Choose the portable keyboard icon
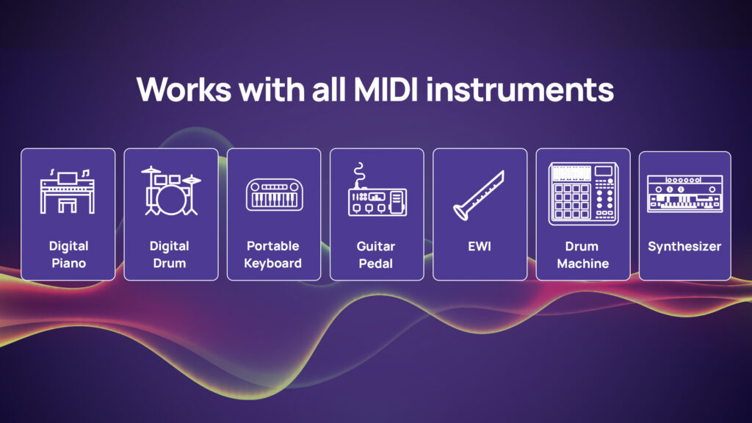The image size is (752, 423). (274, 194)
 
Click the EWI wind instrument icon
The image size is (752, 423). (479, 194)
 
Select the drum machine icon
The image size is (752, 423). (582, 193)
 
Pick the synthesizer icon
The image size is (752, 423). (684, 194)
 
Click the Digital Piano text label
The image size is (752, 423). (68, 255)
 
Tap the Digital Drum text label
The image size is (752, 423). (170, 255)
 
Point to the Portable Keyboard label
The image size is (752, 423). (273, 255)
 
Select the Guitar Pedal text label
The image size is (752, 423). (377, 255)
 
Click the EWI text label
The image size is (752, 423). (480, 246)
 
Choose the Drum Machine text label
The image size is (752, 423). (582, 255)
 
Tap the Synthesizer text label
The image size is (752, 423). (684, 246)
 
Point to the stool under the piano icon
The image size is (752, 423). (67, 205)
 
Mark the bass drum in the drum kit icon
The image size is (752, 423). (170, 199)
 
